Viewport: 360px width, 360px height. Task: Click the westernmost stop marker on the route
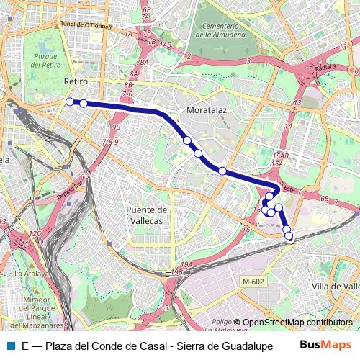coord(70,102)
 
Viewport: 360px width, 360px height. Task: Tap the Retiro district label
coord(76,81)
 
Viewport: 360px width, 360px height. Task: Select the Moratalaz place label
coord(207,111)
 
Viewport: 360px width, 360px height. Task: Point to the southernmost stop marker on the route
coord(289,235)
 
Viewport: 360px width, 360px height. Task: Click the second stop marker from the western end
coord(84,103)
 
